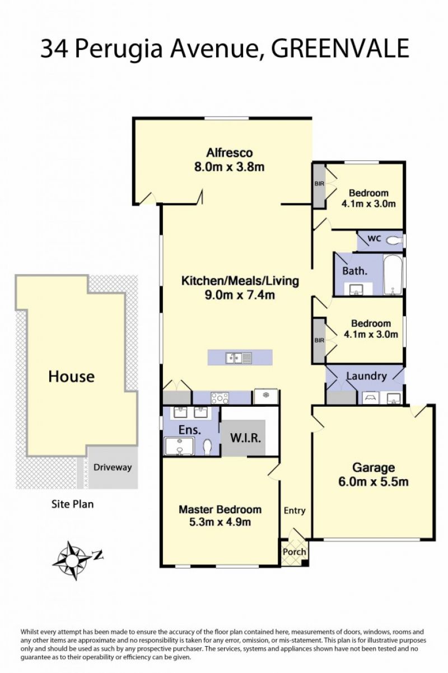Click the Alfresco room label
[x=230, y=153]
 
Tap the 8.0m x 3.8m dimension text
[x=230, y=167]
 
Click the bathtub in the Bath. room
[x=393, y=275]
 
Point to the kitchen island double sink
[x=239, y=358]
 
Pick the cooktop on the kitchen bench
[x=220, y=398]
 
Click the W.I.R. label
[x=245, y=438]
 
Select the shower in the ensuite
[x=179, y=447]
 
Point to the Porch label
[x=294, y=551]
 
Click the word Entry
[x=295, y=510]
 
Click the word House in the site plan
[x=72, y=377]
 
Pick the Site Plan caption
[x=72, y=504]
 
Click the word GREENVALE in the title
[x=340, y=48]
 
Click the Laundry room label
[x=367, y=376]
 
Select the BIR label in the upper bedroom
[x=319, y=184]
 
